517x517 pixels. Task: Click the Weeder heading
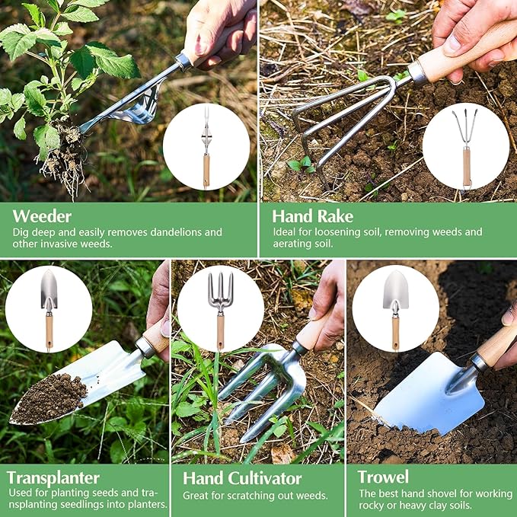[x=43, y=215]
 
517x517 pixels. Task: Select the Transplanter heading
[x=53, y=478]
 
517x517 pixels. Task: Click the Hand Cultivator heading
[x=242, y=479]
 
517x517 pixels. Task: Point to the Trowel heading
[x=383, y=477]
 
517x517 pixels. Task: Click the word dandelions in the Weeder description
[x=174, y=232]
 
